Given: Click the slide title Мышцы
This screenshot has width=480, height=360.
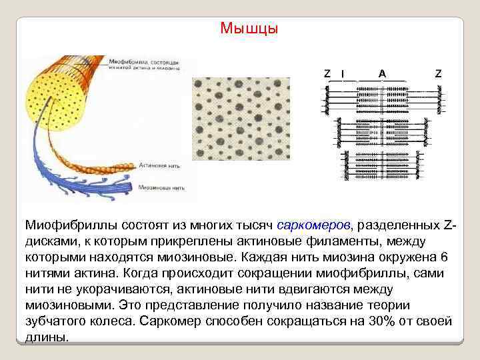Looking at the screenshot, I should click(249, 29).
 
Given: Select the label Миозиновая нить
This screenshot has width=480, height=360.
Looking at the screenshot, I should click(162, 189).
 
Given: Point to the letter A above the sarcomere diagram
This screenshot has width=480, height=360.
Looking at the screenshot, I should click(382, 73).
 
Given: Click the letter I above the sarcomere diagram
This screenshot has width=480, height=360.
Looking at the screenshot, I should click(343, 73).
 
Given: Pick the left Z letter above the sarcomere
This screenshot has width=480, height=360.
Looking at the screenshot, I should click(327, 73).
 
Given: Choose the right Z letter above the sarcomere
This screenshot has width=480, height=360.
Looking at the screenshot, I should click(437, 73).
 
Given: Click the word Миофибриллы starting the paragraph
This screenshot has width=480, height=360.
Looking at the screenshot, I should click(66, 223).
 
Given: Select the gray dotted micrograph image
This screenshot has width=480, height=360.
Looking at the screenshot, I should click(241, 119).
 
